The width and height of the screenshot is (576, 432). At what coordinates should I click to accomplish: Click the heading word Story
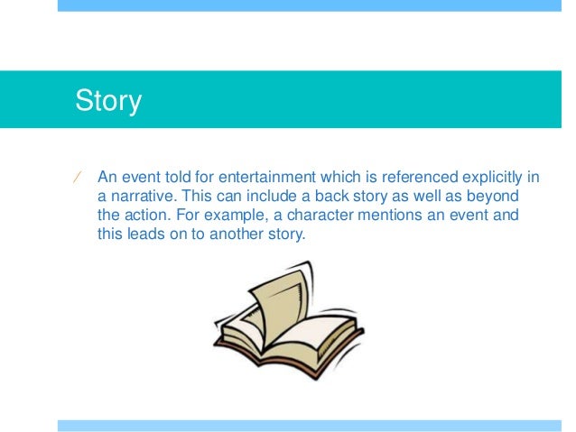tap(108, 100)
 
